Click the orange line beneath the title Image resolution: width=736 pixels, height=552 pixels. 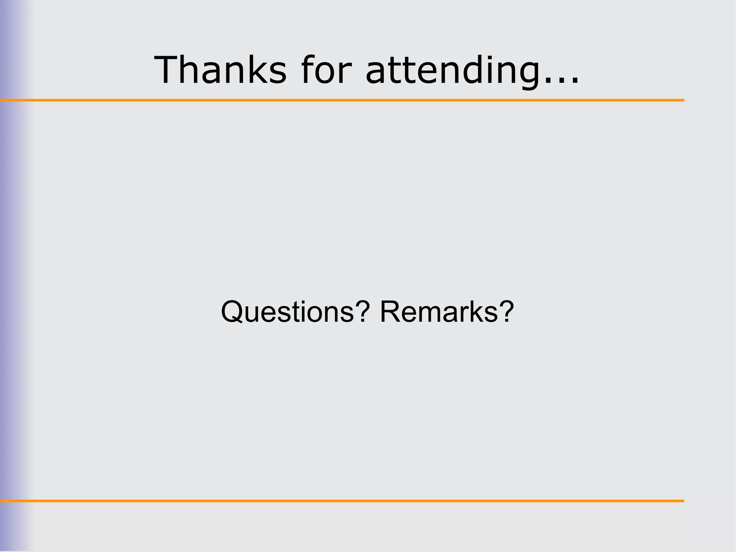click(x=341, y=100)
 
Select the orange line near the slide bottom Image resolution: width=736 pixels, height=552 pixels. click(x=341, y=501)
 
